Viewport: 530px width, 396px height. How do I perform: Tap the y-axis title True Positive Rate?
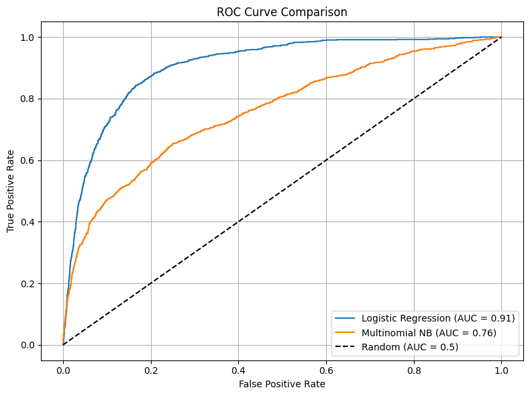(11, 190)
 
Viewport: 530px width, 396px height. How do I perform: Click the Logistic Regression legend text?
(438, 318)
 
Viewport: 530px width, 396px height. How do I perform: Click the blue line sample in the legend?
(346, 318)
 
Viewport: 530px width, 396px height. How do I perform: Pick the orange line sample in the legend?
(346, 333)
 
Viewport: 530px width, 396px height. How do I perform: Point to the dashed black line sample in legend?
(346, 347)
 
